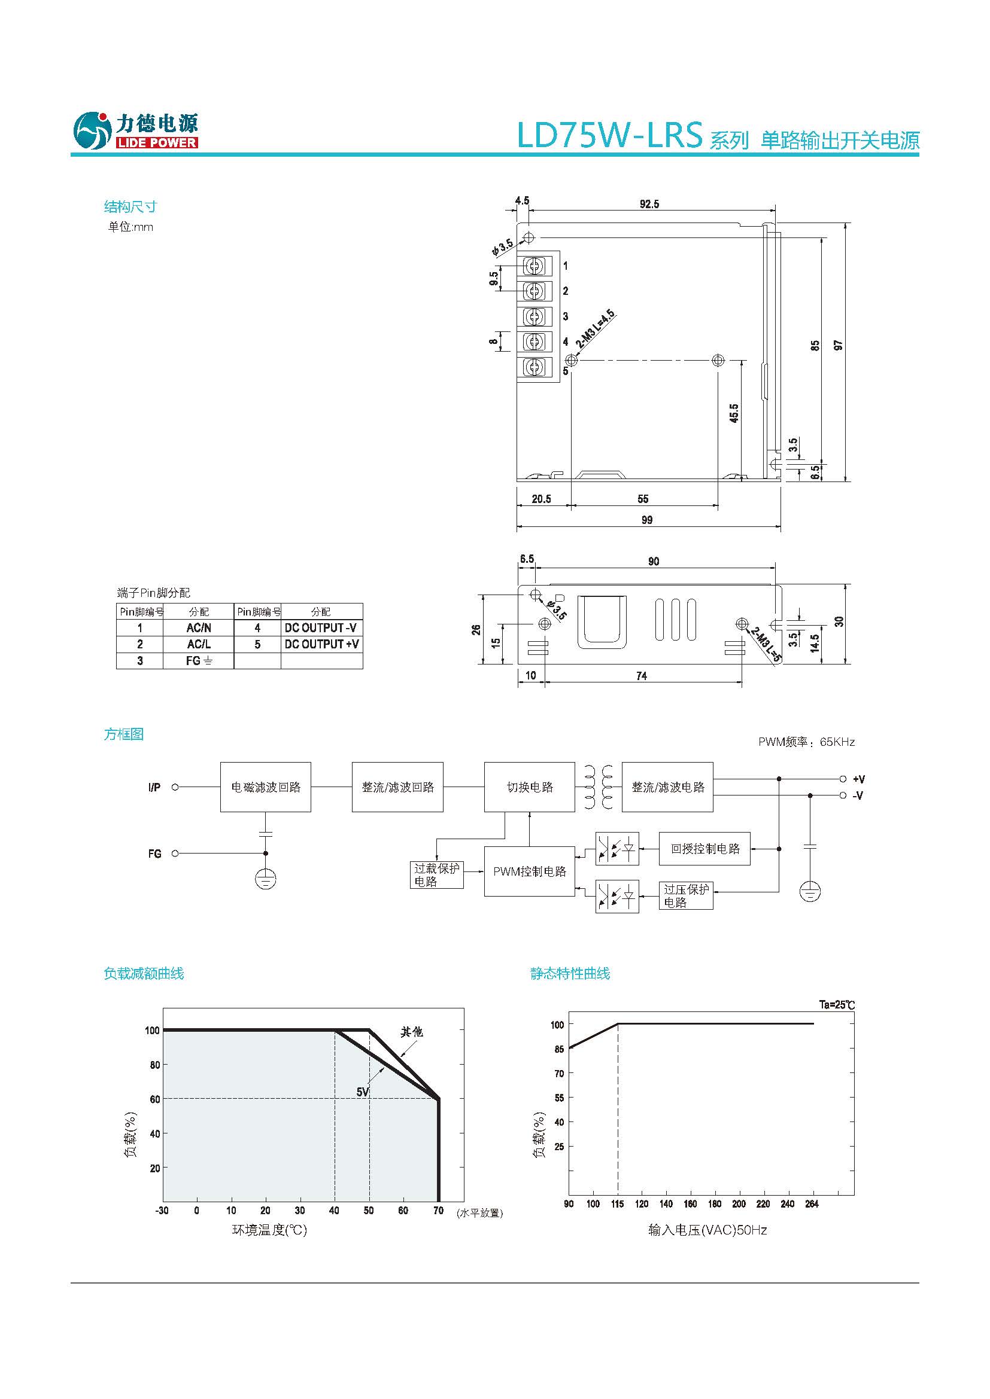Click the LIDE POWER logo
coord(135,130)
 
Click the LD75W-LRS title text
coord(609,135)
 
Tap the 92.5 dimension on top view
coord(649,204)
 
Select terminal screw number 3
coord(535,317)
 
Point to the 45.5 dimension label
coord(734,413)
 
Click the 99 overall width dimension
coord(647,520)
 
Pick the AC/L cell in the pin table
coord(199,644)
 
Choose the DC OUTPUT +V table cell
coord(321,644)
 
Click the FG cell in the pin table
coord(199,660)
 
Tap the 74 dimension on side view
coord(641,676)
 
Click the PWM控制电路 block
coord(529,871)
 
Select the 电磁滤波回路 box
coord(266,787)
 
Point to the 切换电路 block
coord(529,787)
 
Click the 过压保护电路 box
coord(686,896)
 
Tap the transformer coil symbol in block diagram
coord(598,787)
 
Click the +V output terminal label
coord(858,779)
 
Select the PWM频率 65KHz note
coord(806,742)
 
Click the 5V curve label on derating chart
coord(362,1092)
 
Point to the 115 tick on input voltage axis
coord(617,1203)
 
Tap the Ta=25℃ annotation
coord(836,1005)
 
